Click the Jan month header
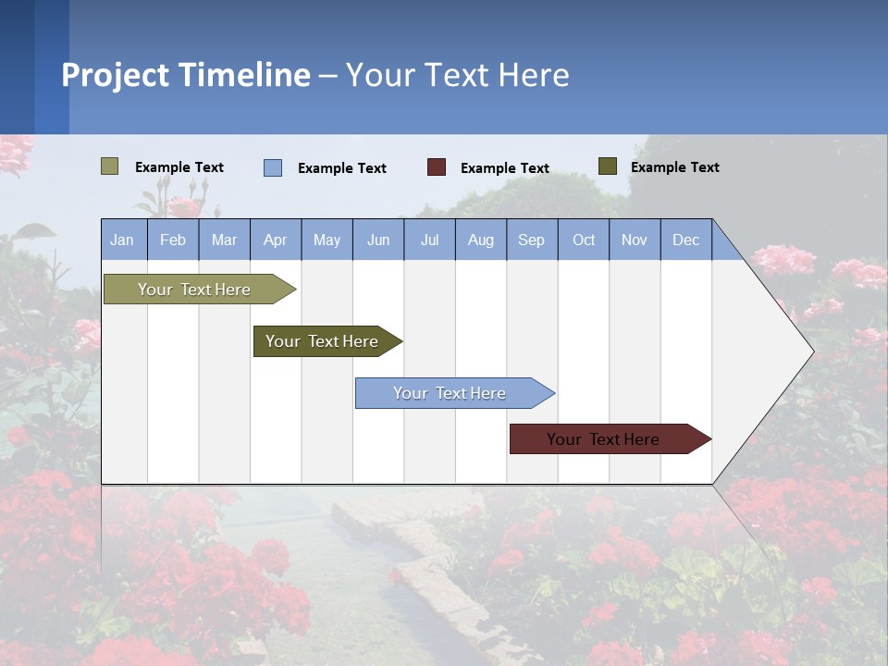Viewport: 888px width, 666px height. [122, 240]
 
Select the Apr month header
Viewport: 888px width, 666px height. [275, 240]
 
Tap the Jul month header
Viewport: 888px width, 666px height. [429, 240]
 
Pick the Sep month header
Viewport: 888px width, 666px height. [531, 240]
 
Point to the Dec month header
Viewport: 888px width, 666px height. [685, 240]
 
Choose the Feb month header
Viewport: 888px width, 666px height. [173, 240]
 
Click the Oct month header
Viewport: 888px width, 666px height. [584, 240]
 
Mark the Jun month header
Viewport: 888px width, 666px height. [378, 240]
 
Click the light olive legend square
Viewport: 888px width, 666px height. [109, 166]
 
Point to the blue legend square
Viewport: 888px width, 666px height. [273, 167]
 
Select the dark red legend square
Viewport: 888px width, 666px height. [437, 166]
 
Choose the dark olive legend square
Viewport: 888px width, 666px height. [607, 166]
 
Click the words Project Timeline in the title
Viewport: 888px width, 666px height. [186, 75]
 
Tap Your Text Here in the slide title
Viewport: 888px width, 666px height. [458, 75]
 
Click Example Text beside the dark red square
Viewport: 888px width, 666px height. [505, 168]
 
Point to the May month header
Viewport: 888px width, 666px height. [327, 240]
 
